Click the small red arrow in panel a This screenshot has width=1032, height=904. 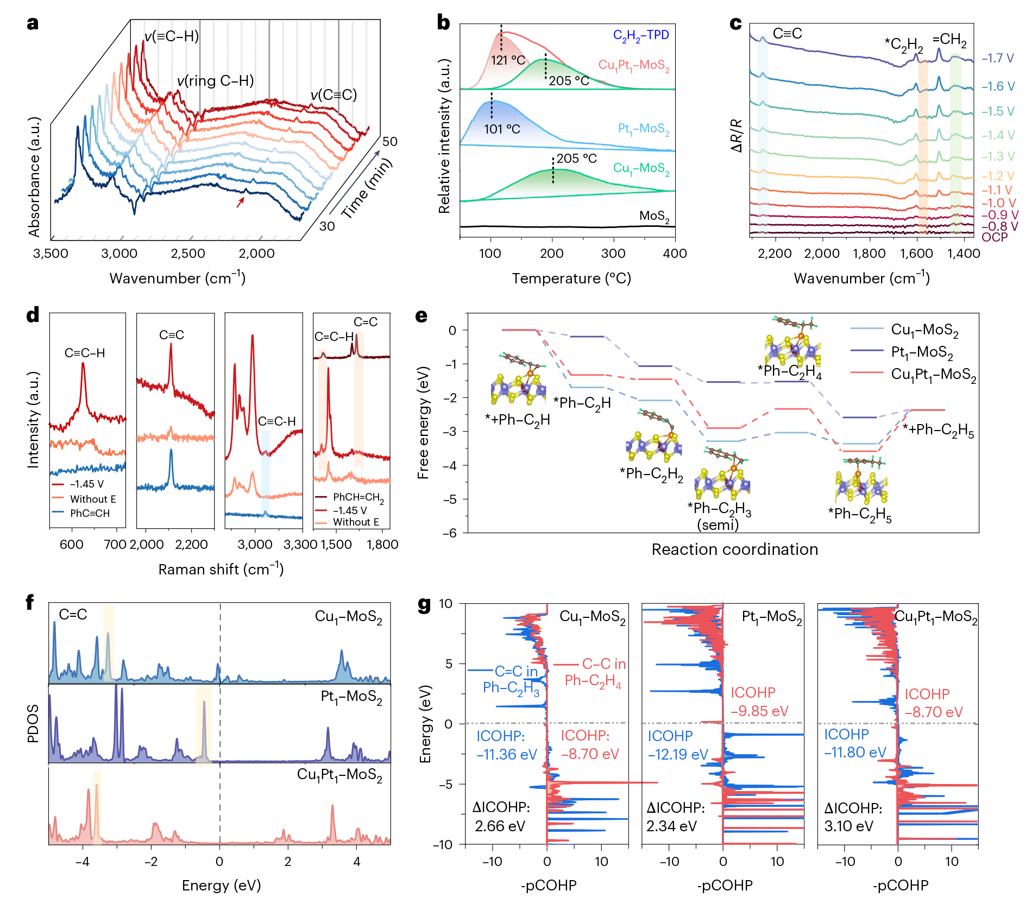240,202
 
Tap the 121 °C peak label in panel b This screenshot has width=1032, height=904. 508,60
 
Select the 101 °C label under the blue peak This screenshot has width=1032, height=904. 502,129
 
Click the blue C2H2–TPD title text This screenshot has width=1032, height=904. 641,35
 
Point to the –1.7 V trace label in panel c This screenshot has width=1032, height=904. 998,59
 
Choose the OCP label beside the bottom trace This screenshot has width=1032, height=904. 995,237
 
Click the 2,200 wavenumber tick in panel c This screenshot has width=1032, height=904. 775,254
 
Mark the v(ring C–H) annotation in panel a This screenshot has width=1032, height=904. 215,81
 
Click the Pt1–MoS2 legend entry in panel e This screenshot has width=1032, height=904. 922,352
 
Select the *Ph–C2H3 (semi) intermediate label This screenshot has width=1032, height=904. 719,516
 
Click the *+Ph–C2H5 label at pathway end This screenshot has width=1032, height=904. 938,430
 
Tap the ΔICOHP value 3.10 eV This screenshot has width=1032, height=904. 848,826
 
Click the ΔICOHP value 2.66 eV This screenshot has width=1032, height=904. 500,826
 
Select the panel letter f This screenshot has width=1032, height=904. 30,603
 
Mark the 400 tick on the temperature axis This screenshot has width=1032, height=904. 675,254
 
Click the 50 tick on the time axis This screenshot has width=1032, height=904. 390,142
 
